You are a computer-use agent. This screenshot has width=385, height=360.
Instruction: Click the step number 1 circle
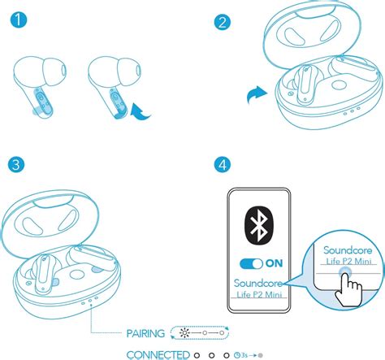(19, 20)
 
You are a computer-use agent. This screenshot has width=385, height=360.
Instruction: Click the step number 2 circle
(223, 22)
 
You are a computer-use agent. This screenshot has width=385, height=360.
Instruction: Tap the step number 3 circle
(16, 164)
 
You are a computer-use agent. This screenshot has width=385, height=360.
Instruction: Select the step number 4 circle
(223, 164)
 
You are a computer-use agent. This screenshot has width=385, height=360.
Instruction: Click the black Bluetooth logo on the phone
(259, 225)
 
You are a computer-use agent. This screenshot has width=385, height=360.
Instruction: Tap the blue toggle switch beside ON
(251, 263)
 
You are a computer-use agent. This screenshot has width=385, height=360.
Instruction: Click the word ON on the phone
(275, 263)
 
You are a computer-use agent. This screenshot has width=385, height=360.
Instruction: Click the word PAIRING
(145, 333)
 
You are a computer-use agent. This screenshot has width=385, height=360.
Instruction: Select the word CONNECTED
(158, 355)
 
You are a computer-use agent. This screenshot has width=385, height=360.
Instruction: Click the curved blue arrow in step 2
(257, 95)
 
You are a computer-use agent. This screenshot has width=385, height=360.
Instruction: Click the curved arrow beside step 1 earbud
(141, 112)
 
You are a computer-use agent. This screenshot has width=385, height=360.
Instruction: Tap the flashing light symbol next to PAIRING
(184, 332)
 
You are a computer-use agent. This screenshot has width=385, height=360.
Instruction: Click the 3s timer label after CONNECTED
(240, 355)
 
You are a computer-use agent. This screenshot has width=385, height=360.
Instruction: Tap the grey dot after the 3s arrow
(260, 355)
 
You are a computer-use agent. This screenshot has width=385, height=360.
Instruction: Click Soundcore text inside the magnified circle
(348, 250)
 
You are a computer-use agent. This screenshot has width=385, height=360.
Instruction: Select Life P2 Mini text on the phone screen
(259, 294)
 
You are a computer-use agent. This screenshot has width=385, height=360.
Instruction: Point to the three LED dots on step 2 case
(352, 111)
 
